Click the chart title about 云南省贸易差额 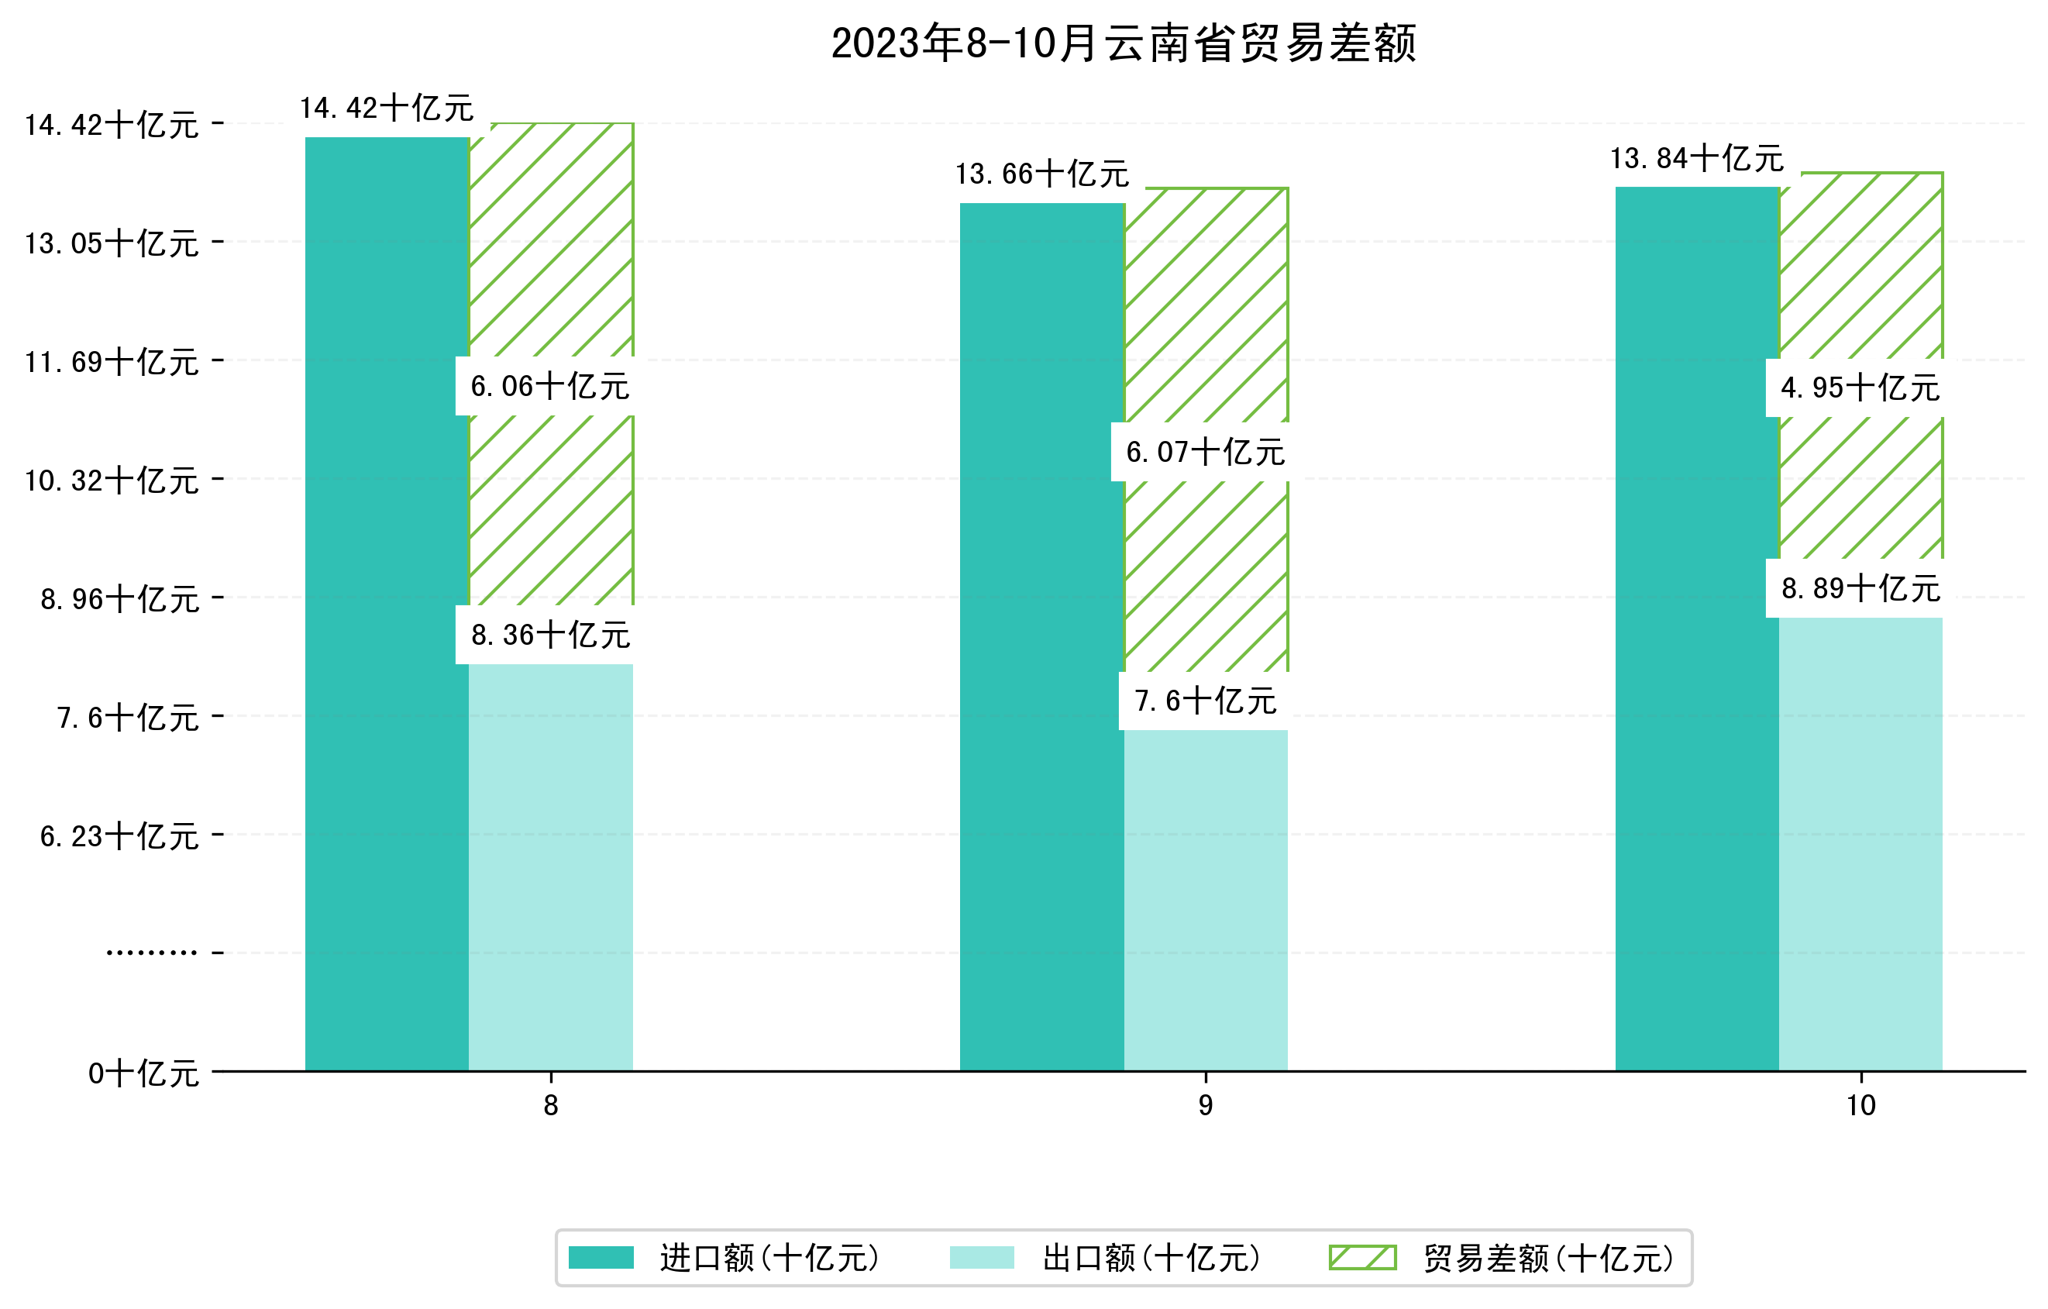(x=1123, y=43)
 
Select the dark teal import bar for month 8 (x=387, y=603)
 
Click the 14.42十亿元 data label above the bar (x=387, y=108)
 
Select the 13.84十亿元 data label (x=1697, y=158)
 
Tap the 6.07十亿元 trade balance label (x=1205, y=452)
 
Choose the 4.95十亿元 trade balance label (x=1860, y=388)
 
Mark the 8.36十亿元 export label (x=550, y=635)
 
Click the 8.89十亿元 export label (x=1860, y=587)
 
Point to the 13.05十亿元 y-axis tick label (x=112, y=243)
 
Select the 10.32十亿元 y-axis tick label (x=112, y=481)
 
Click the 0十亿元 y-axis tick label (x=143, y=1073)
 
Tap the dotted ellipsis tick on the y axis (x=151, y=952)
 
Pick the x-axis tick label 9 (x=1205, y=1105)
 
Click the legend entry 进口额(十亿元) (x=769, y=1258)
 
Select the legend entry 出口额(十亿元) (x=1151, y=1258)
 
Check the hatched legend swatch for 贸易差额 (x=1362, y=1257)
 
